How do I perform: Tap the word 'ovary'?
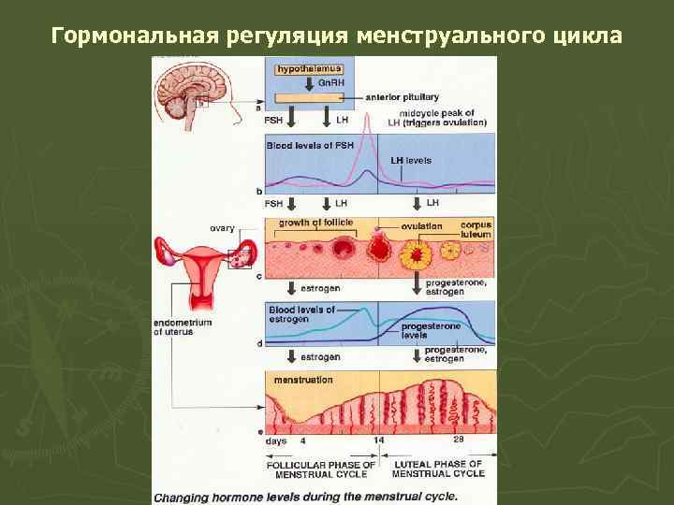pyautogui.click(x=222, y=227)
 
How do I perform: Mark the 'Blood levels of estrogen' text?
pyautogui.click(x=295, y=314)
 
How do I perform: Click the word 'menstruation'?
pyautogui.click(x=302, y=380)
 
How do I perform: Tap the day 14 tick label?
pyautogui.click(x=378, y=440)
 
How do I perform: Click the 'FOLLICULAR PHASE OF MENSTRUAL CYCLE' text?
pyautogui.click(x=321, y=469)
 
